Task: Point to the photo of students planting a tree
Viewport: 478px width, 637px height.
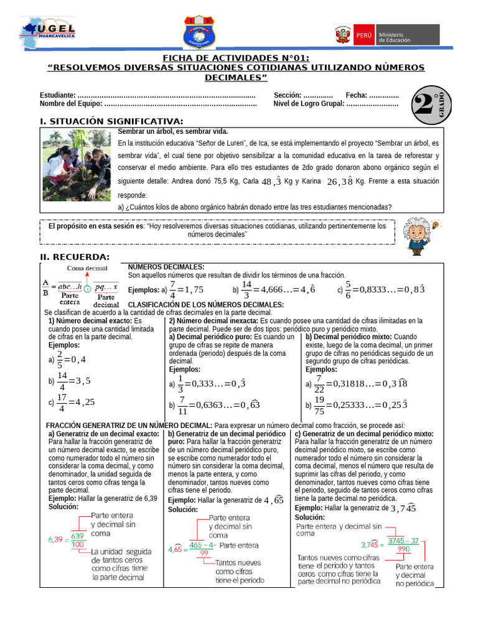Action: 77,165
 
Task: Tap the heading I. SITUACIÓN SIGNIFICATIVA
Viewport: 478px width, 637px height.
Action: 111,121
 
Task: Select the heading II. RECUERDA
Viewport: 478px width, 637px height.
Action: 75,257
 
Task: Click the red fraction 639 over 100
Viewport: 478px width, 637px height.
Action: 78,540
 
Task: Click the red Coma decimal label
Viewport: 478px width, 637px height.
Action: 88,268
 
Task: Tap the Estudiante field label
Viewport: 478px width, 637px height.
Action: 58,95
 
